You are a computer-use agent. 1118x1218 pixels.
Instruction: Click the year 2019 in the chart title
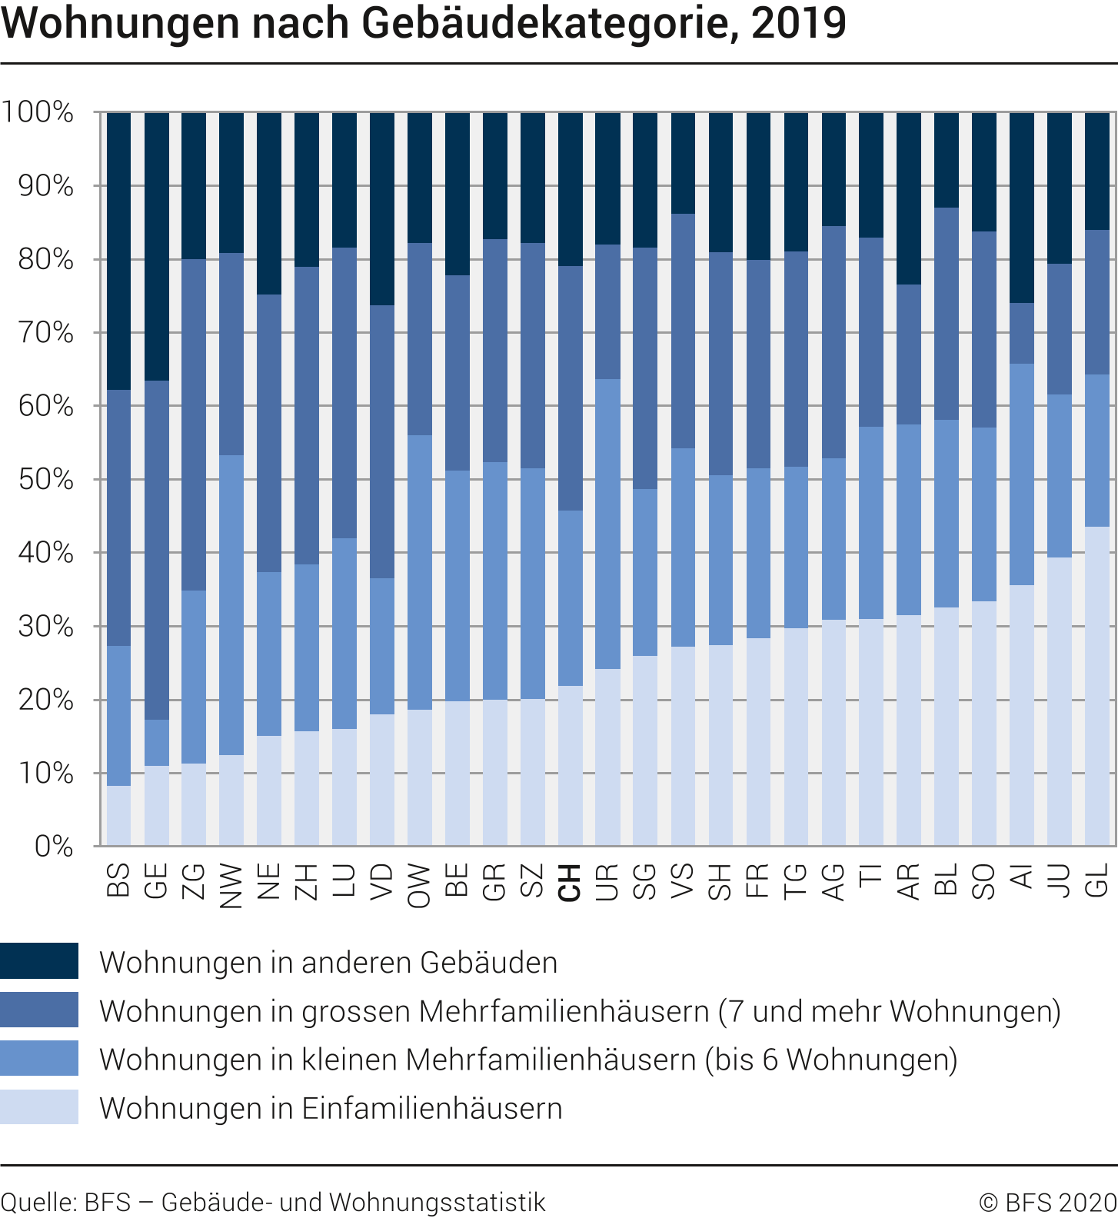[x=798, y=23]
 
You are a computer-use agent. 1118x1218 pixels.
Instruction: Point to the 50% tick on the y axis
[x=46, y=480]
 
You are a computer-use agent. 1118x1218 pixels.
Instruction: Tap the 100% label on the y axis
[x=38, y=112]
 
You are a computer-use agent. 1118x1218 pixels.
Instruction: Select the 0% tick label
[x=54, y=847]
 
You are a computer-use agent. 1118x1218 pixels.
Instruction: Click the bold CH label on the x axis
[x=570, y=882]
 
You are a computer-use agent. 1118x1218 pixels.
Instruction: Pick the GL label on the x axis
[x=1097, y=880]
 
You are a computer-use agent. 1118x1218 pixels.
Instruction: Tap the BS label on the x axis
[x=118, y=880]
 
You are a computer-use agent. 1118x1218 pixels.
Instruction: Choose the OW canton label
[x=419, y=885]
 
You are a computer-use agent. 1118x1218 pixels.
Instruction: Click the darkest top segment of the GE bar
[x=156, y=246]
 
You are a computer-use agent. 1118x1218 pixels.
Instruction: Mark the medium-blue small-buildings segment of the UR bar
[x=607, y=524]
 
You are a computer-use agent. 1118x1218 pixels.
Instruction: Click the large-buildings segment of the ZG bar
[x=194, y=424]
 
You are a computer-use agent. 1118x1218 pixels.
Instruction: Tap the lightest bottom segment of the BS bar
[x=118, y=815]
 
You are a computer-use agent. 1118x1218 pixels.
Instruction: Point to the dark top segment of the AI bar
[x=1022, y=208]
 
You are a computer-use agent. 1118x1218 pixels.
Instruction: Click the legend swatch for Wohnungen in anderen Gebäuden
[x=39, y=961]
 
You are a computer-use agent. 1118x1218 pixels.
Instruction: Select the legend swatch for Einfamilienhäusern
[x=39, y=1107]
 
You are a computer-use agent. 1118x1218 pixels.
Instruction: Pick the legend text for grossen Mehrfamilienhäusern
[x=580, y=1010]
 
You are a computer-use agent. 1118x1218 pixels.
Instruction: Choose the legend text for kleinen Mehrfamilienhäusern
[x=528, y=1060]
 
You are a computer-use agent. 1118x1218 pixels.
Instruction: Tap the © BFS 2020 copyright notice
[x=1047, y=1202]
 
